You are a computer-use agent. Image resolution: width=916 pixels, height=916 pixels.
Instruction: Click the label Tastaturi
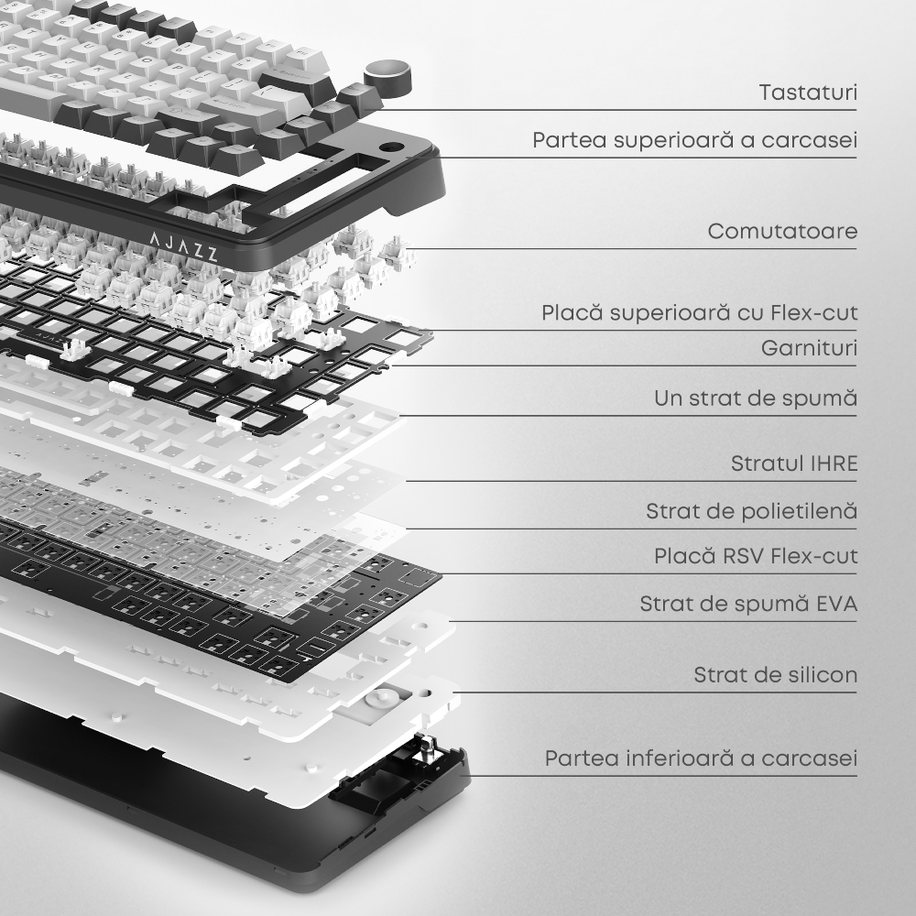click(x=808, y=93)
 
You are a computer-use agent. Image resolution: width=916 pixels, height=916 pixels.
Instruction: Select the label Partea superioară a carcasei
click(x=694, y=140)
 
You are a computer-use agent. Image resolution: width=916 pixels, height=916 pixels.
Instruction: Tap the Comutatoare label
click(x=782, y=232)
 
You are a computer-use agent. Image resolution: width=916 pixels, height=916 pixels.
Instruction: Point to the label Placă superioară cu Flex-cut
click(x=699, y=312)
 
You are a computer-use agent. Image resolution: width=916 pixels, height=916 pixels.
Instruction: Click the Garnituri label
click(x=809, y=348)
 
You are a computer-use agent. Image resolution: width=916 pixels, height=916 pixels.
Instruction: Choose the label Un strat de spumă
click(x=756, y=398)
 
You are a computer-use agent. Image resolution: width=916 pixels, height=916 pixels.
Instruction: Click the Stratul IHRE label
click(x=794, y=463)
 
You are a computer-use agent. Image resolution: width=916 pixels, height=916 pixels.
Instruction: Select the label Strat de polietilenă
click(x=751, y=511)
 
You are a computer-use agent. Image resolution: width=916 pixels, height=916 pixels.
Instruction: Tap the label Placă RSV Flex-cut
click(x=756, y=556)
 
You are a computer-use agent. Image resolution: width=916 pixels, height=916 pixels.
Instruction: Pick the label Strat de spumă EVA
click(x=748, y=604)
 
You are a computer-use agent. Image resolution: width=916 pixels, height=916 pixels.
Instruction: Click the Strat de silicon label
click(x=775, y=675)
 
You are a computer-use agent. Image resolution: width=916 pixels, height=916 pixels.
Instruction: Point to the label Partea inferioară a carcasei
click(x=701, y=758)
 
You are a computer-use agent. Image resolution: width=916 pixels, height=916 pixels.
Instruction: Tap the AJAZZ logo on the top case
click(x=183, y=245)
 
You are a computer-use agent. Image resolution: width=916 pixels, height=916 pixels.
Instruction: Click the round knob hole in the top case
click(x=392, y=147)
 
